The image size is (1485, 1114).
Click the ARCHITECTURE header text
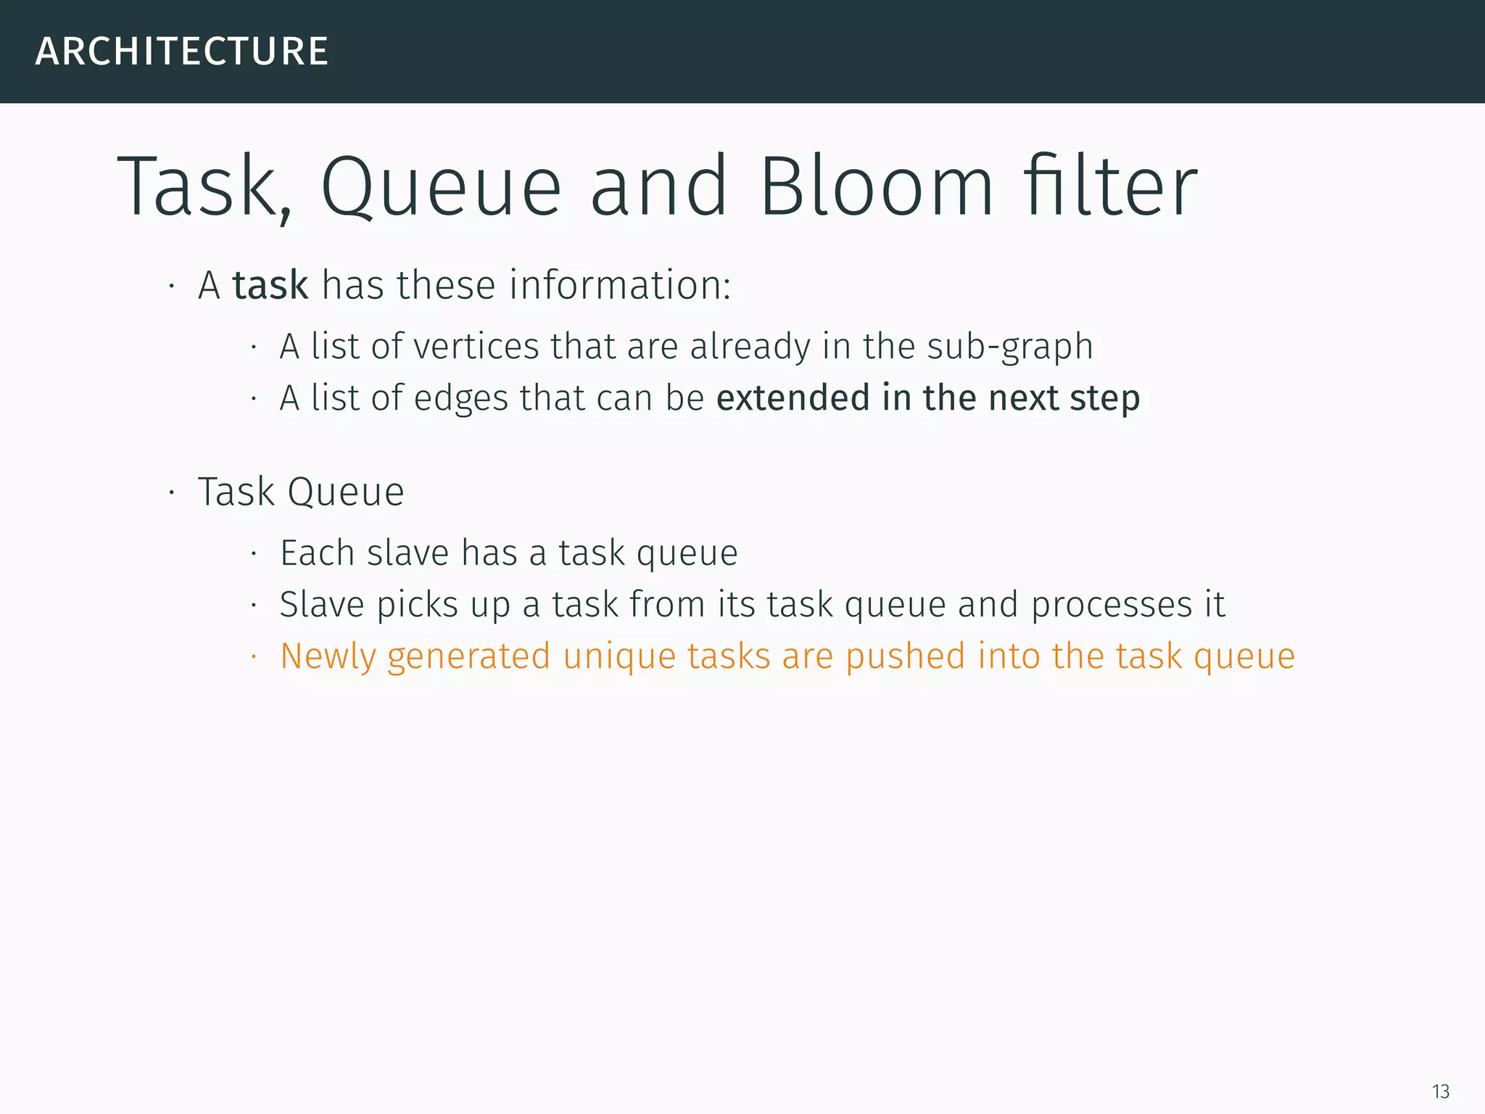tap(181, 51)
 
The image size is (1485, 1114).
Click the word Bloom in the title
tap(876, 187)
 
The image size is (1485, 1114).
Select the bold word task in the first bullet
tap(270, 285)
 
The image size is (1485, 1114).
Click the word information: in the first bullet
tap(620, 285)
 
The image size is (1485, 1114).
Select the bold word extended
tap(793, 397)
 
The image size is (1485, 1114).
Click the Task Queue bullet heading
tap(301, 492)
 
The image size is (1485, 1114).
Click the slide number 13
tap(1440, 1092)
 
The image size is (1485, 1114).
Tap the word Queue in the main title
tap(441, 187)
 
